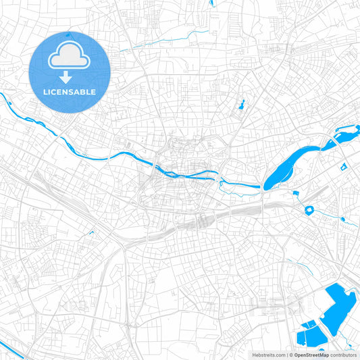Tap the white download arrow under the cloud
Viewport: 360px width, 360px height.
70,77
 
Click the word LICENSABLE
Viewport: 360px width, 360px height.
70,91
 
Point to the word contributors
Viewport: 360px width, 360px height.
343,355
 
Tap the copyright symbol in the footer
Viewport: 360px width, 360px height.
291,355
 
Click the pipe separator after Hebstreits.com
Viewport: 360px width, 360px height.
286,355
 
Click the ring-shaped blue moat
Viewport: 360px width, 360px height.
311,210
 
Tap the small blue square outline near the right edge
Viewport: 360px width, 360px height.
343,166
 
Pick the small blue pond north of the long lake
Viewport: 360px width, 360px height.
240,105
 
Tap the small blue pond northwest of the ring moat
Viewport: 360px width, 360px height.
296,195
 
